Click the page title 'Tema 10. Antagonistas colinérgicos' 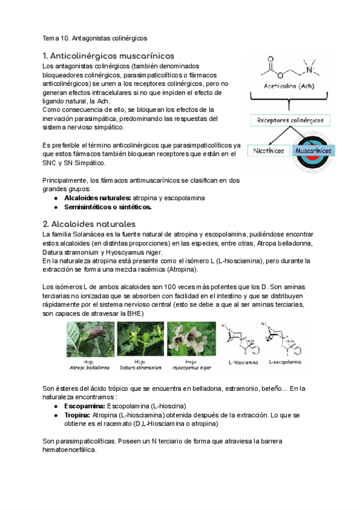pos(94,38)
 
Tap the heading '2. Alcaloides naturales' pos(89,224)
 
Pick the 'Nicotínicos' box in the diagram pos(269,150)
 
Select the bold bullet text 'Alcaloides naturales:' pos(97,198)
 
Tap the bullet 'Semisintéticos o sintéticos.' pos(108,207)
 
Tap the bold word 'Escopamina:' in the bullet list pos(85,406)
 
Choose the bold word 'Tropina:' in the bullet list pos(78,415)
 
